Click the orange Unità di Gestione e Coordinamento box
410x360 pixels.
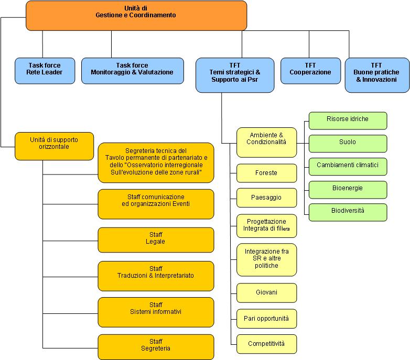coord(136,16)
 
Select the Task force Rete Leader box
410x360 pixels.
coord(45,71)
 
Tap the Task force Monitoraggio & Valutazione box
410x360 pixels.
coord(132,71)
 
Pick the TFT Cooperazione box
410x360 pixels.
coord(310,71)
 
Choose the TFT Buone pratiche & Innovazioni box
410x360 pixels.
coord(377,75)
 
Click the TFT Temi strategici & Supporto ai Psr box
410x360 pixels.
coord(235,75)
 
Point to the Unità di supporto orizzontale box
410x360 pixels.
coord(54,146)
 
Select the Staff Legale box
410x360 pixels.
coord(156,240)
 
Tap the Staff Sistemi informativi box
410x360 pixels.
coord(156,312)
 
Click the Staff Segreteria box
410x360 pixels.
coord(156,347)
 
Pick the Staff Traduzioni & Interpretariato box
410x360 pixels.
coord(156,276)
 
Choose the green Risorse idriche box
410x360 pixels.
coord(348,121)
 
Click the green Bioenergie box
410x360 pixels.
coord(348,190)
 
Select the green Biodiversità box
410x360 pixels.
coord(348,212)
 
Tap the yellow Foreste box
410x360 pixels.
coord(266,173)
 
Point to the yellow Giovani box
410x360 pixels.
coord(266,292)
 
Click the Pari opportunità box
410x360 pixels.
coord(266,319)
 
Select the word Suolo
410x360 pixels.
coord(348,142)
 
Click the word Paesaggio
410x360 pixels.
coord(266,198)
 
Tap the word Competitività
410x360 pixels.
coord(266,344)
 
